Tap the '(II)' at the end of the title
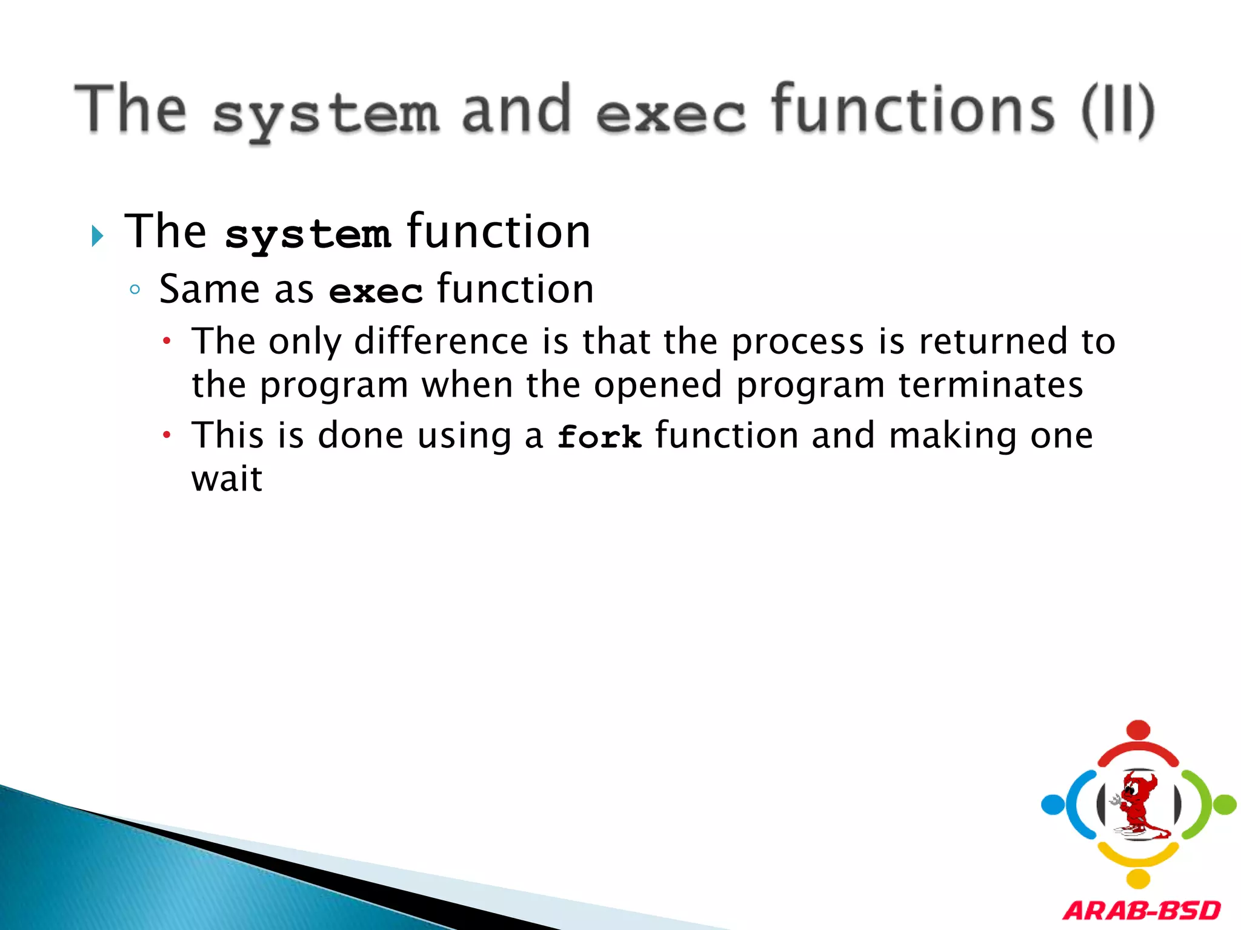1118,110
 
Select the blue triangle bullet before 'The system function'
97,236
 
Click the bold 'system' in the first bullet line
307,235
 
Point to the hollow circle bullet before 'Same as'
135,289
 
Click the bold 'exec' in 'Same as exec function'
375,292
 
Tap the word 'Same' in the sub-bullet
210,289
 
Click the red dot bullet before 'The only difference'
167,341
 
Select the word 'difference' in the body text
441,341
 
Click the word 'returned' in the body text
994,341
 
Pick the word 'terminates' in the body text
990,385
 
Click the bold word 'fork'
599,437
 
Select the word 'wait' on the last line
227,480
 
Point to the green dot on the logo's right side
1224,805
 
